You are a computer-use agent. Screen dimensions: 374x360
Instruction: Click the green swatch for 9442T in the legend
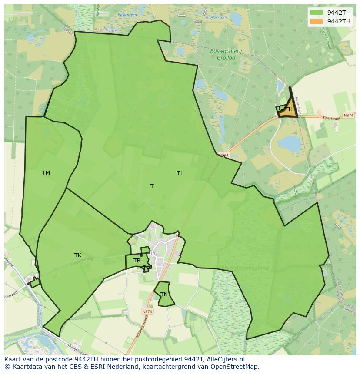point(316,12)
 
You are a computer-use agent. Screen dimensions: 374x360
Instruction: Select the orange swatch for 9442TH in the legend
point(316,21)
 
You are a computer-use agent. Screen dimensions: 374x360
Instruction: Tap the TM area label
point(46,173)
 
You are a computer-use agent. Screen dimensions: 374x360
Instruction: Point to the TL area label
point(180,173)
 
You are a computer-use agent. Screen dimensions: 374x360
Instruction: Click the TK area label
point(78,255)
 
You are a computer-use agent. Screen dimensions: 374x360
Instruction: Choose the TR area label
point(137,261)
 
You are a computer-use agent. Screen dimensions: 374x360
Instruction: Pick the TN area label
point(164,295)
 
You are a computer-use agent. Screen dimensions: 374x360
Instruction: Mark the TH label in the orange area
point(289,110)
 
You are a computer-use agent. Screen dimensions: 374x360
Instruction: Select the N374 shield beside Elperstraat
point(348,115)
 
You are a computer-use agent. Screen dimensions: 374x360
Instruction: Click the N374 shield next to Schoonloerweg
point(147,311)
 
